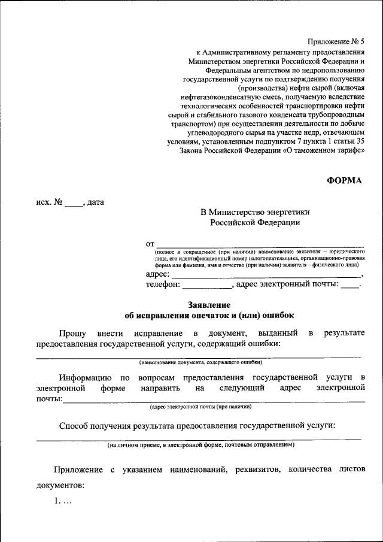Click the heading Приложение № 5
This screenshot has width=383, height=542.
coord(335,41)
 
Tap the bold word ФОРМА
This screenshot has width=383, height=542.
coord(345,180)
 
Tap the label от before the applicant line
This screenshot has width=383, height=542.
coord(150,244)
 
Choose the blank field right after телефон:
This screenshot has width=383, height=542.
coord(206,286)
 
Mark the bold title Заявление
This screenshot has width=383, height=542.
coord(209,304)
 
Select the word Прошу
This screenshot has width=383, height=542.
coord(72,332)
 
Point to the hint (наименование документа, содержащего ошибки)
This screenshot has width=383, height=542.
coord(200,362)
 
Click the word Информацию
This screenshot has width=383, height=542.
coord(84,377)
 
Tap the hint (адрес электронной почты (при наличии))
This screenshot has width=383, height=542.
coord(200,407)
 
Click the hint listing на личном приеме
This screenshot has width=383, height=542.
coord(200,445)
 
